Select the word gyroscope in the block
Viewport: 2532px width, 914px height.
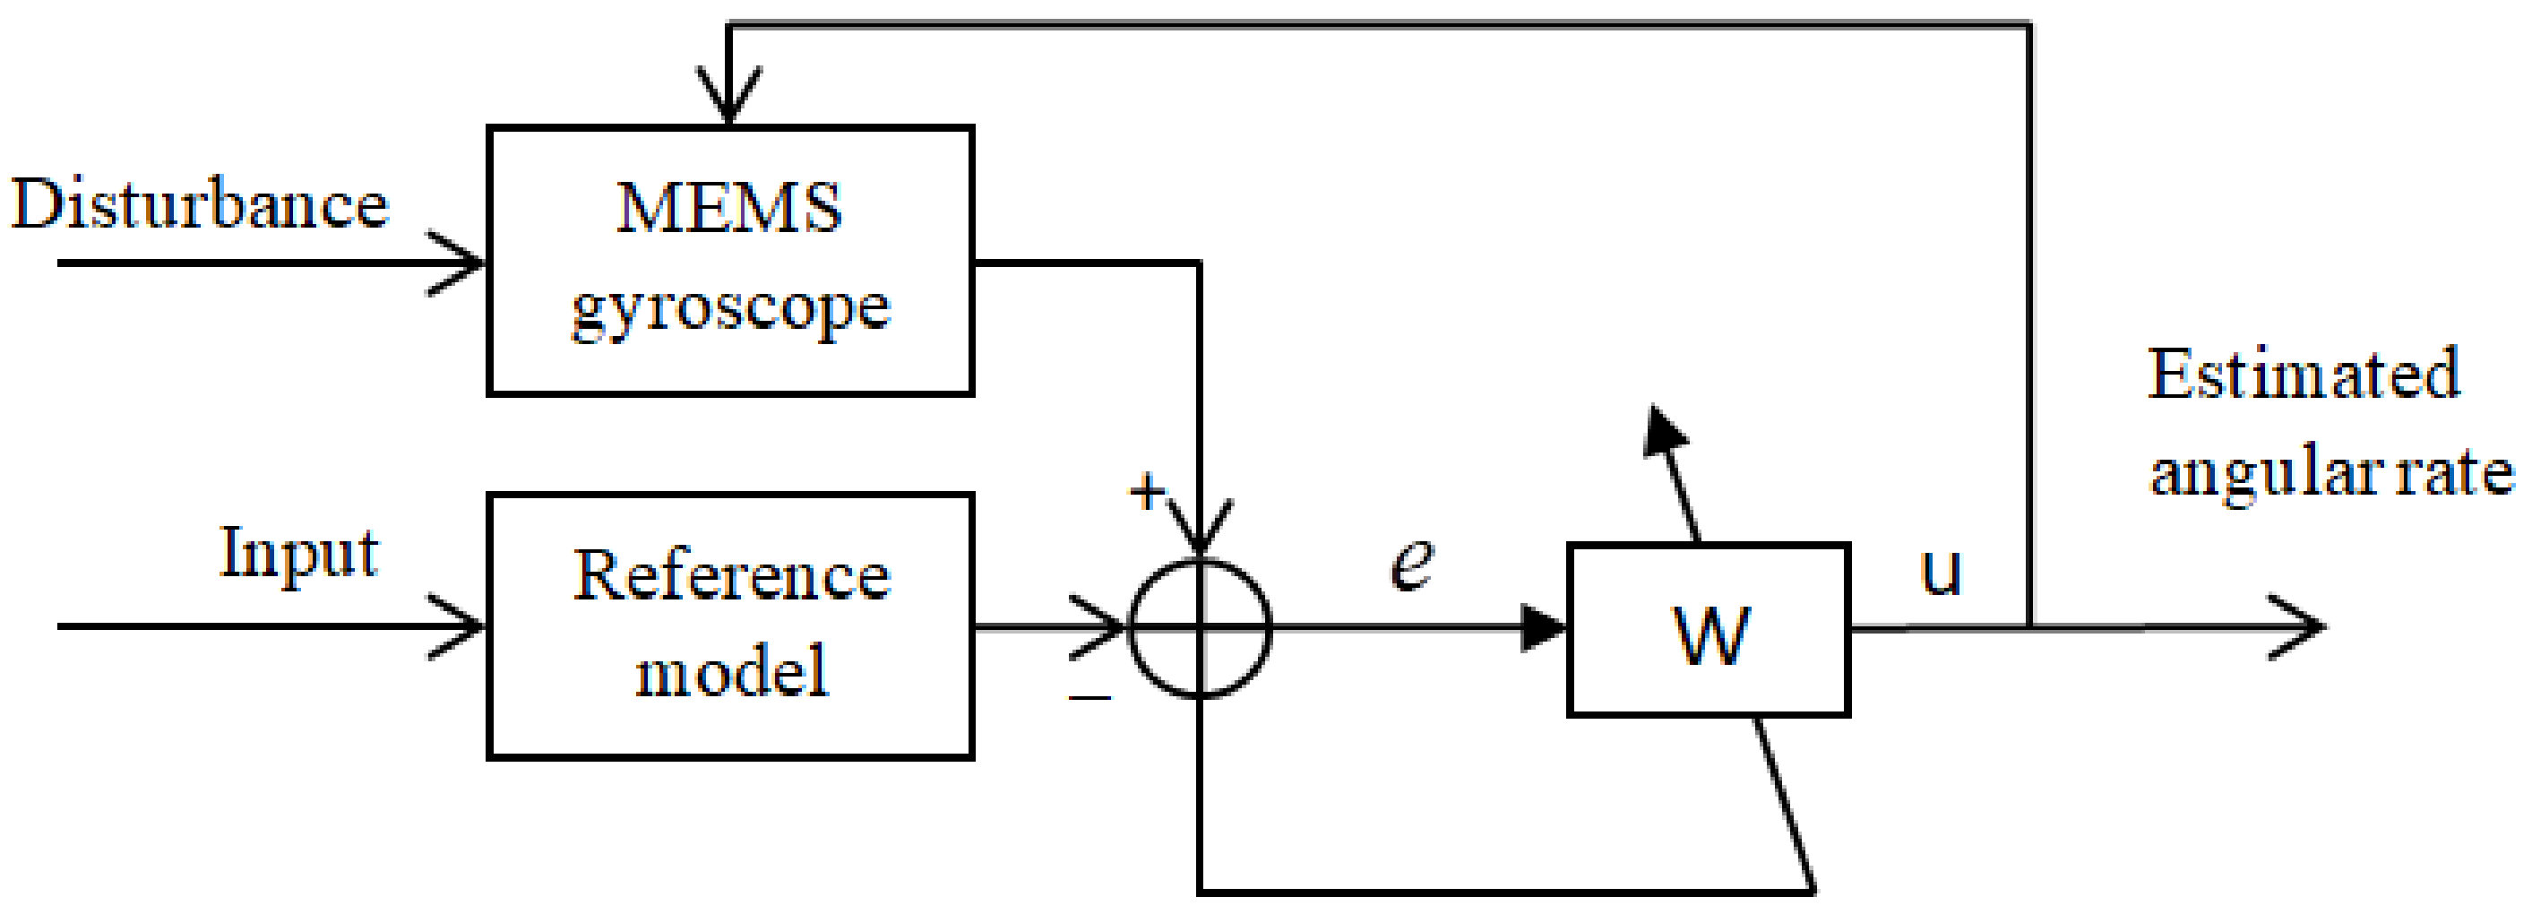pos(730,309)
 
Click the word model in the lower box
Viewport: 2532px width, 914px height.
pos(731,672)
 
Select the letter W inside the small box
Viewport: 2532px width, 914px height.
pos(1710,635)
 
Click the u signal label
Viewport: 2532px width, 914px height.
pos(1941,572)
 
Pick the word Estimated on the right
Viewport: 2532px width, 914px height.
pos(2303,375)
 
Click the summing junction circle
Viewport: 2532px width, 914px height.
pos(1200,627)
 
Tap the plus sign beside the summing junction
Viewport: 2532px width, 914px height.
pos(1146,490)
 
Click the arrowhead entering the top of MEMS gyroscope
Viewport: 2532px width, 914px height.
pos(728,99)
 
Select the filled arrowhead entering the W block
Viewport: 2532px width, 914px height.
pos(1543,627)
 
